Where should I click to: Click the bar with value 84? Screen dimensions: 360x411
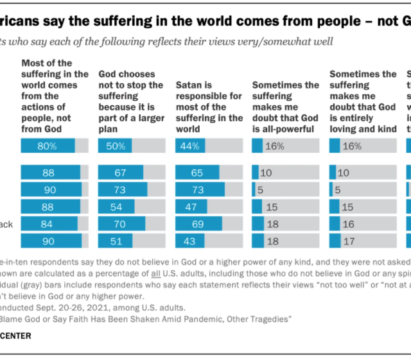point(49,223)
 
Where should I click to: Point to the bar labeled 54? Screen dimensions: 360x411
point(116,207)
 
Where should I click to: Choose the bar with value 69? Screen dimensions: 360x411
point(198,223)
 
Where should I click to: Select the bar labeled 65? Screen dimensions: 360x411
point(197,173)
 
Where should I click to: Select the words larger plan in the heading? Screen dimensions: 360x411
point(130,117)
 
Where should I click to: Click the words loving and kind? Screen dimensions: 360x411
point(362,128)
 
